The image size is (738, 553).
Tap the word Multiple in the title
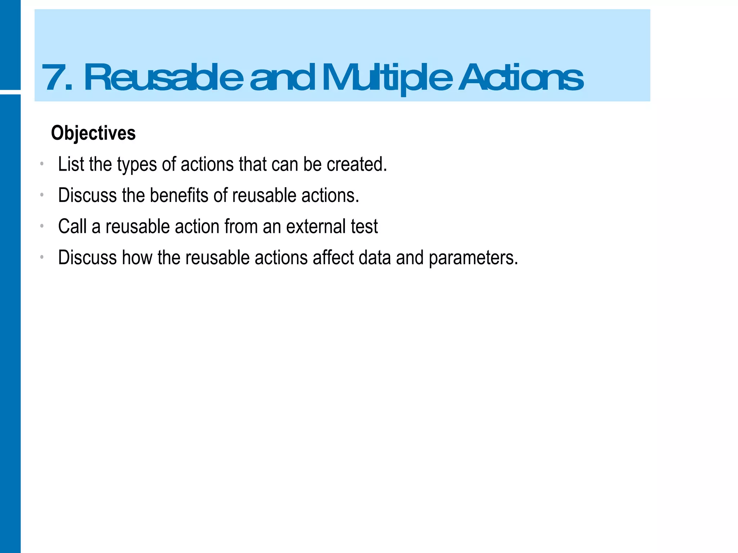pyautogui.click(x=387, y=78)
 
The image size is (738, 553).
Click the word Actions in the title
pyautogui.click(x=521, y=77)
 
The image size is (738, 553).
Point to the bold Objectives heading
pyautogui.click(x=93, y=133)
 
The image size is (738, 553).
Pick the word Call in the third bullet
pyautogui.click(x=72, y=226)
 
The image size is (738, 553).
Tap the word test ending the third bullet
pyautogui.click(x=364, y=226)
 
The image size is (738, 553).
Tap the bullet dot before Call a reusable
pyautogui.click(x=42, y=226)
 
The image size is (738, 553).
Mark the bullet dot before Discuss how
pyautogui.click(x=42, y=257)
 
